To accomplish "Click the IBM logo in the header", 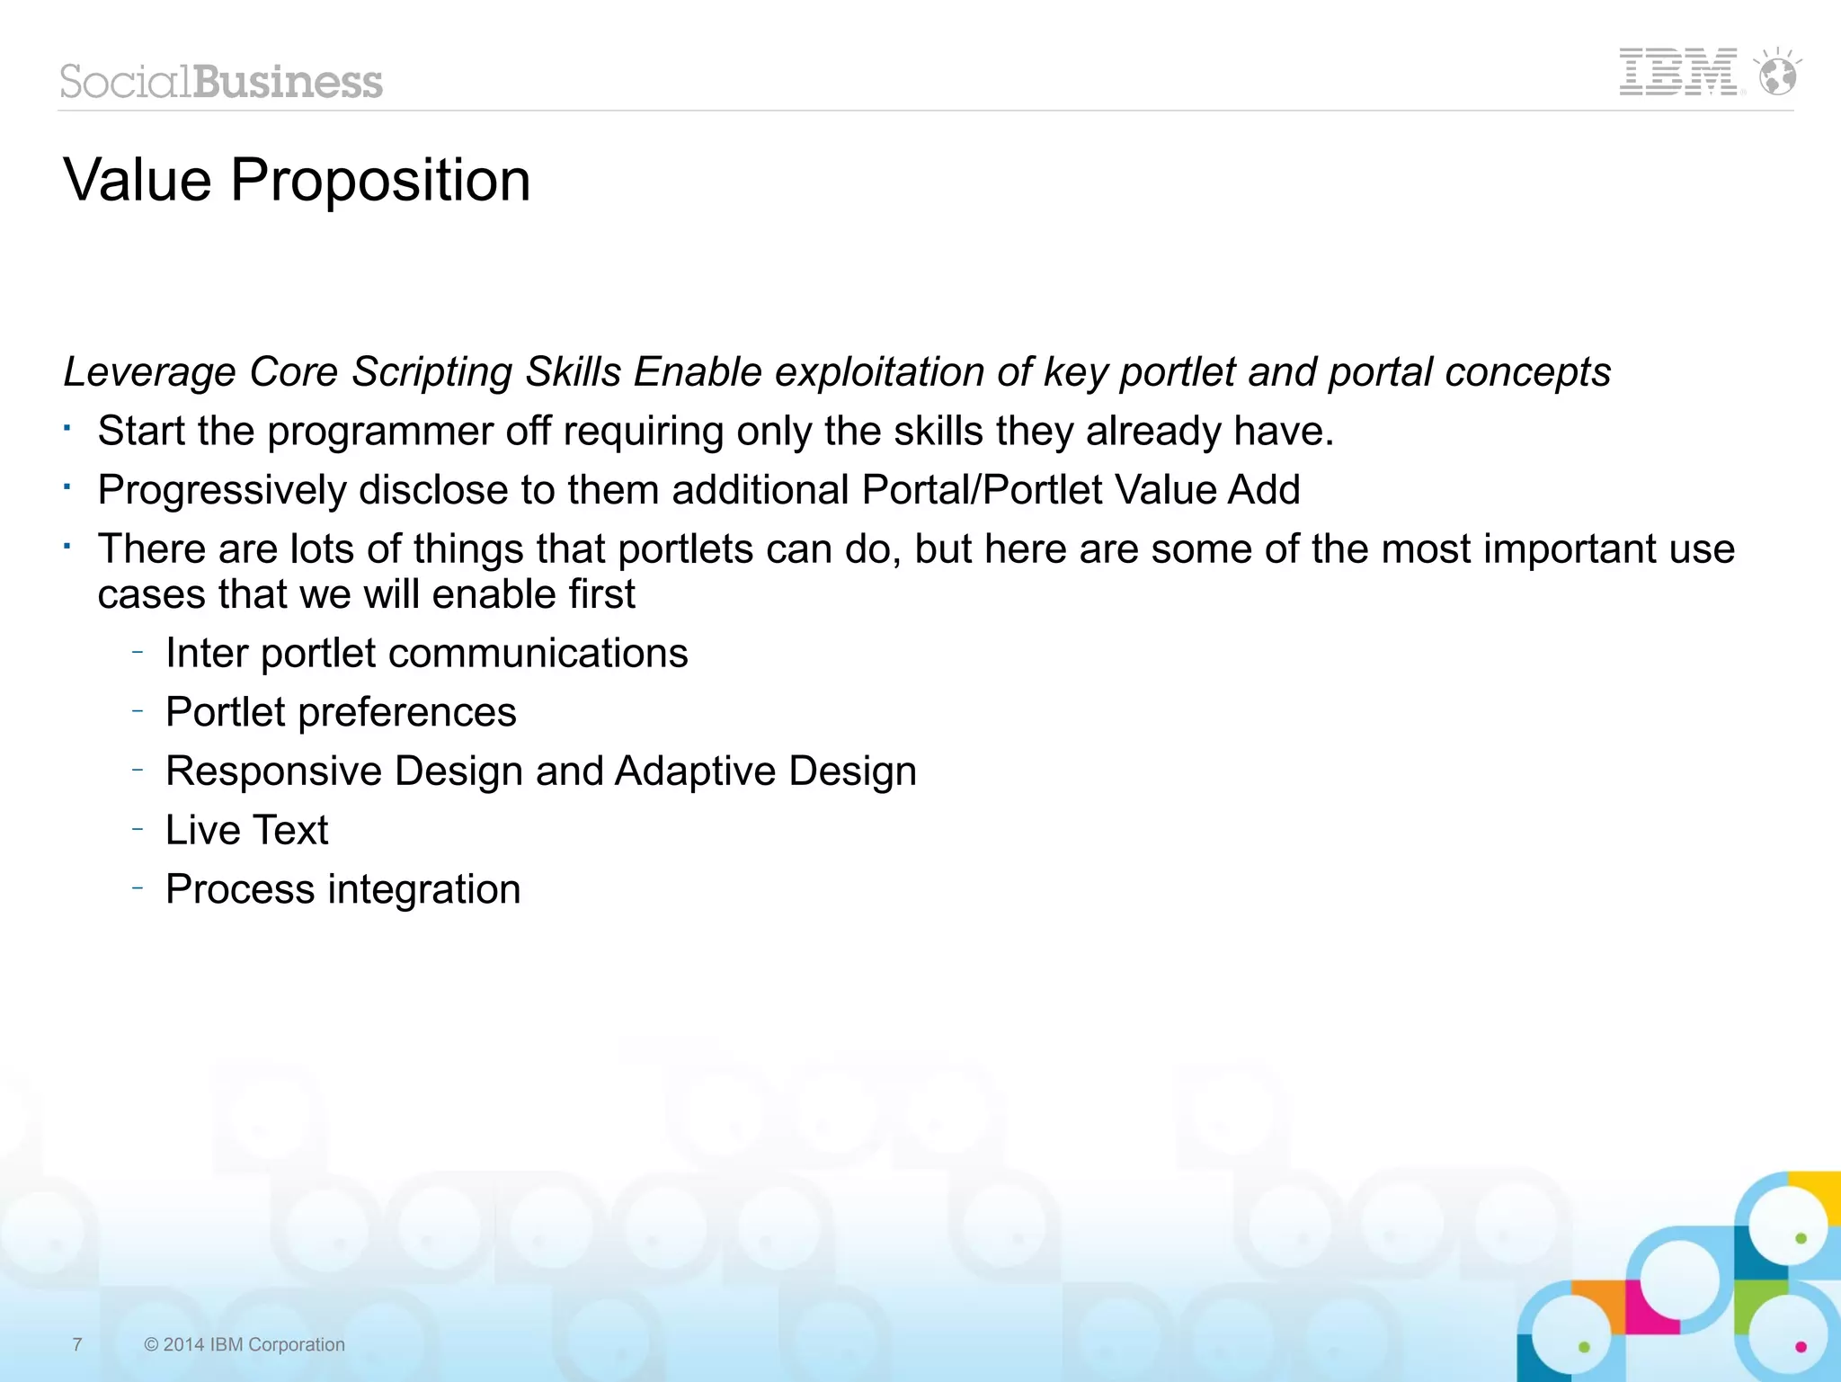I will pyautogui.click(x=1677, y=72).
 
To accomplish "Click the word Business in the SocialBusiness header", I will pyautogui.click(x=288, y=82).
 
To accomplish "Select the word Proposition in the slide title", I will pyautogui.click(x=380, y=180).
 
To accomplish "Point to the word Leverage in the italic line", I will pyautogui.click(x=149, y=372).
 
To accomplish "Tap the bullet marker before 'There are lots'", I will pyautogui.click(x=67, y=546).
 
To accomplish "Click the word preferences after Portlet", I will pyautogui.click(x=406, y=713).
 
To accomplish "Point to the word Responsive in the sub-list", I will pyautogui.click(x=274, y=771).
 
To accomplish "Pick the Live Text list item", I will pyautogui.click(x=246, y=830).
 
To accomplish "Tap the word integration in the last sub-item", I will pyautogui.click(x=423, y=889).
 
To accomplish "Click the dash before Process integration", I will pyautogui.click(x=138, y=887).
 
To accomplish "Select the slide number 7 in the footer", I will pyautogui.click(x=77, y=1344).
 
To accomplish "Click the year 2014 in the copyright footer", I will pyautogui.click(x=183, y=1344).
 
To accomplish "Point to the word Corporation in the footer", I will pyautogui.click(x=296, y=1344).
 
